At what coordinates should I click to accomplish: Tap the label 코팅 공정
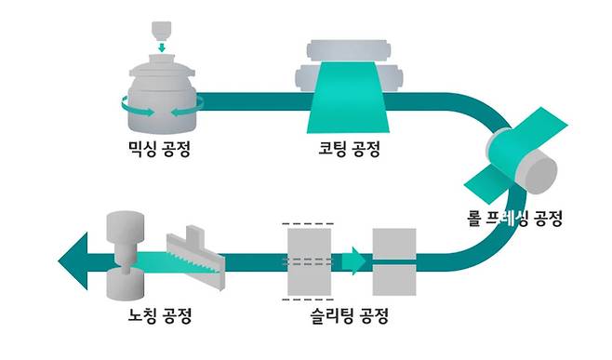click(x=349, y=148)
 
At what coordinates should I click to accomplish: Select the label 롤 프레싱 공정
click(x=516, y=220)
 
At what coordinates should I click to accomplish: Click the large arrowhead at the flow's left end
click(x=74, y=256)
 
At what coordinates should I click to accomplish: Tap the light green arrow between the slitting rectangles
click(x=354, y=260)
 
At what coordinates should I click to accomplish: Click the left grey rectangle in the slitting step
click(x=307, y=260)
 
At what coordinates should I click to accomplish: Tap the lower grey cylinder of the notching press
click(x=124, y=285)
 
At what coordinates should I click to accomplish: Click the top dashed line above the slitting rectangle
click(x=307, y=222)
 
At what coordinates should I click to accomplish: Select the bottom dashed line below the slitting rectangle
click(x=307, y=300)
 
